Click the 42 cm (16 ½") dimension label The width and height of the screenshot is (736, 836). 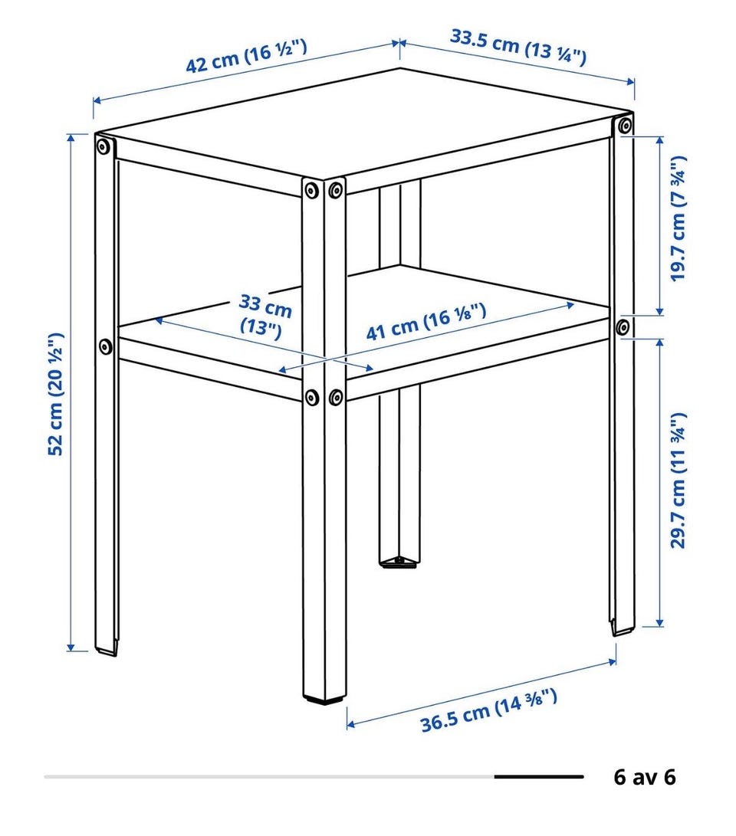coord(246,55)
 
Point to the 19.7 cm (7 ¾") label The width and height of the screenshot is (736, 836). coord(678,218)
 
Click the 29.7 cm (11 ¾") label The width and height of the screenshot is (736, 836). coord(678,480)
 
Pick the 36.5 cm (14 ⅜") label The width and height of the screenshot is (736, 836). coord(489,710)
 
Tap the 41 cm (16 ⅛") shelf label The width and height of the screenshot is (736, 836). coord(426,322)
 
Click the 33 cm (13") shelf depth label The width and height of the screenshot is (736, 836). coord(265,316)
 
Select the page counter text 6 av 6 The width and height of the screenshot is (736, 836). coord(645,777)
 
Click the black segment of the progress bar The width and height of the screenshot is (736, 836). coord(539,777)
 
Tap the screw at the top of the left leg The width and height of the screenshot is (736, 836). coord(104,146)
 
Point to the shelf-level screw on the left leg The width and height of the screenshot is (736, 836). coord(105,347)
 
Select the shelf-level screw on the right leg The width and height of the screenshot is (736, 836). coord(623,327)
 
